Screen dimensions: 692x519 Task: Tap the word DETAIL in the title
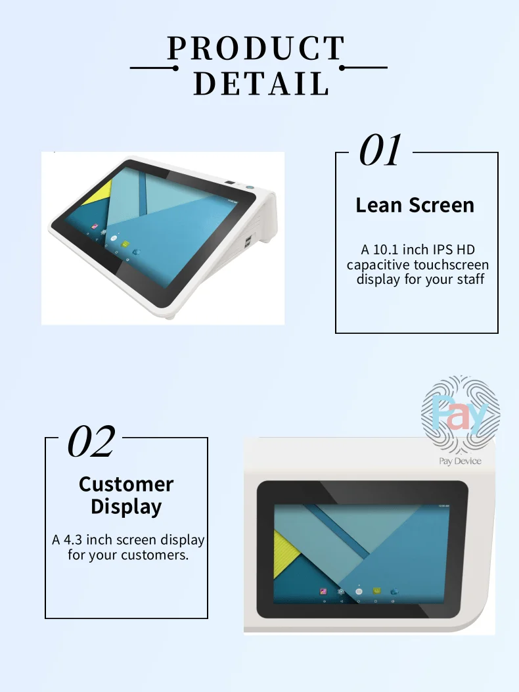tap(261, 83)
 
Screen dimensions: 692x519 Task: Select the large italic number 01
tap(380, 150)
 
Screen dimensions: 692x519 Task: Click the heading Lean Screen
tap(415, 205)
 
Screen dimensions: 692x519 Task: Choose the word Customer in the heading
tap(126, 484)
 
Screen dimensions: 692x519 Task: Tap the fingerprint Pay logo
tap(461, 412)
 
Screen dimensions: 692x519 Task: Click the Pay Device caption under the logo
tap(460, 461)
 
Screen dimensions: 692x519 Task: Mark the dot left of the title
tap(175, 68)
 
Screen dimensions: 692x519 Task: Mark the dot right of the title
tap(343, 68)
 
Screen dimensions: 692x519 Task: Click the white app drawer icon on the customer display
tap(359, 591)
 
